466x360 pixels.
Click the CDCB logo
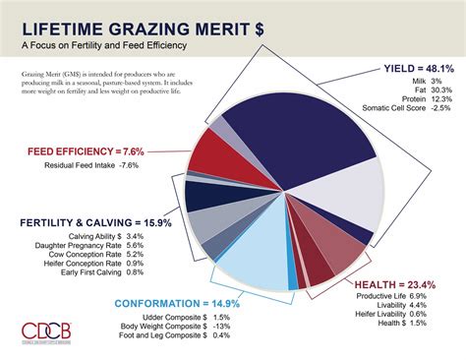point(45,330)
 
